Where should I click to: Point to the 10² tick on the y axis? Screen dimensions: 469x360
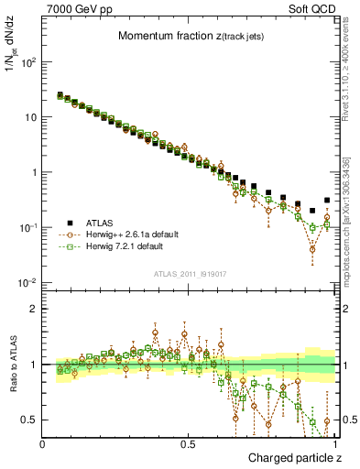point(28,62)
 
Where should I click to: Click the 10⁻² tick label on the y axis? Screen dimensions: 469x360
point(28,282)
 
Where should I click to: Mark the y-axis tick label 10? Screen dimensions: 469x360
point(31,117)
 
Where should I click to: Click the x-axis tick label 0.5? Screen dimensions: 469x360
point(188,444)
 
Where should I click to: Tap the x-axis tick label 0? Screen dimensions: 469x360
point(43,444)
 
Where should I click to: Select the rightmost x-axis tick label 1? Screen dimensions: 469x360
point(334,444)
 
